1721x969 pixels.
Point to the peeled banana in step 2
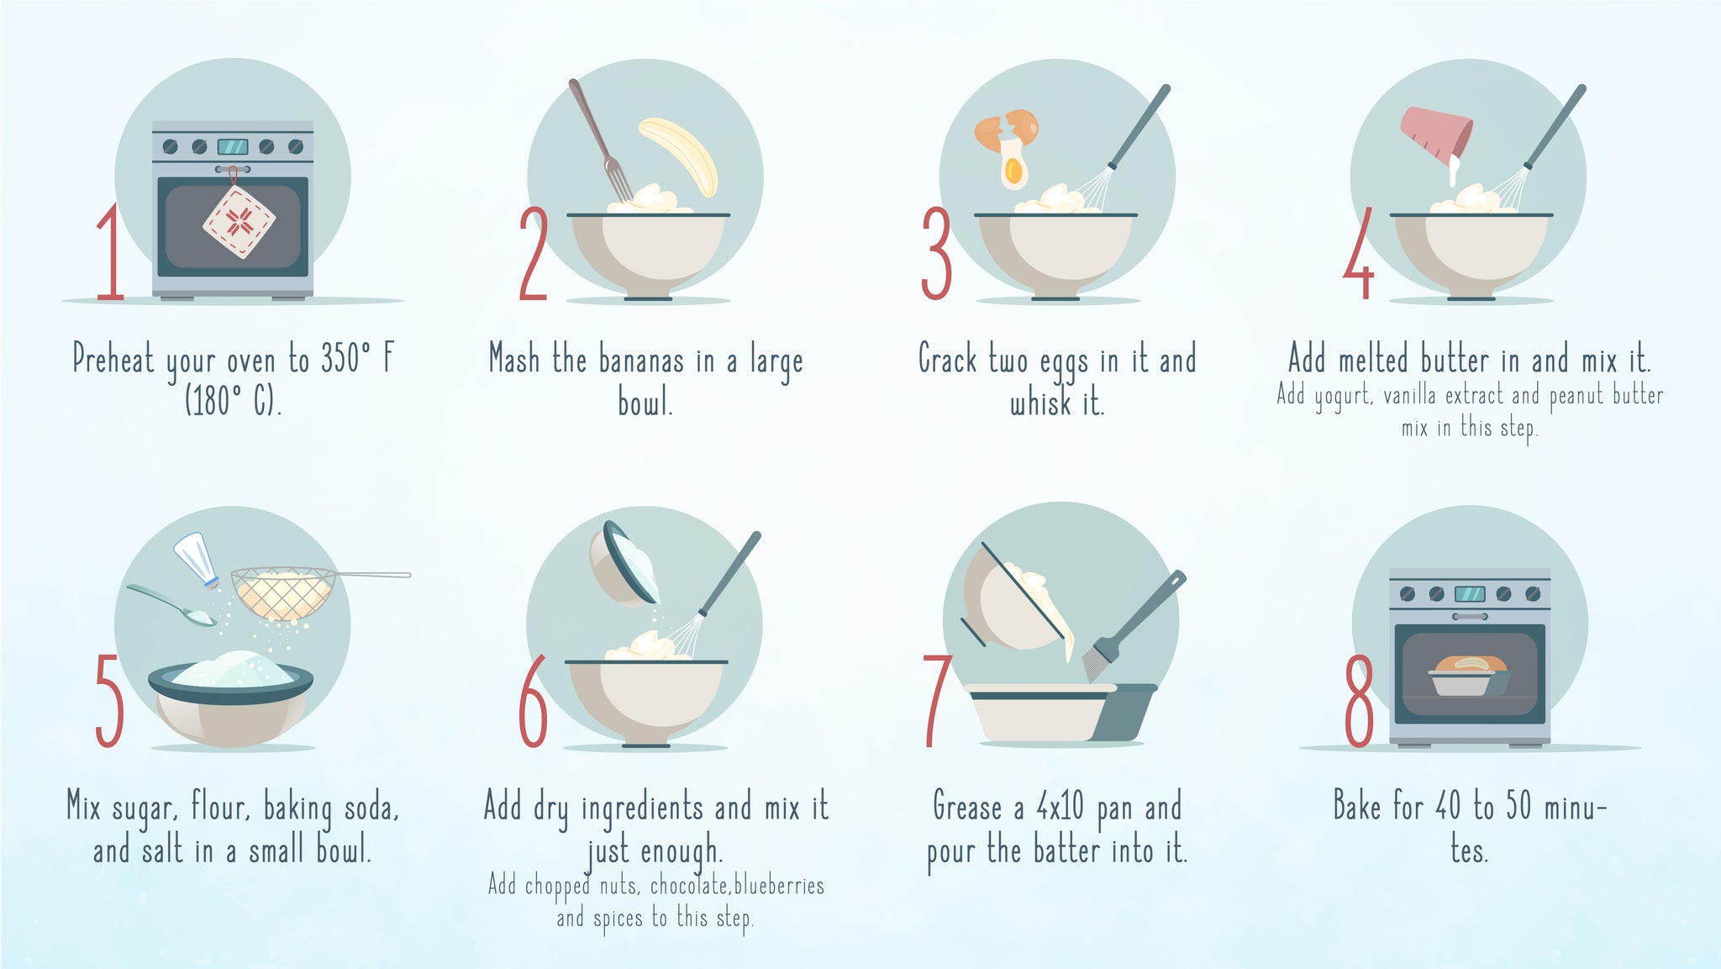coord(679,156)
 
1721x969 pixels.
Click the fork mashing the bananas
coord(599,140)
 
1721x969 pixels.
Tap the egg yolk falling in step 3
coord(1013,171)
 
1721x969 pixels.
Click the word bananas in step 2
coord(641,361)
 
